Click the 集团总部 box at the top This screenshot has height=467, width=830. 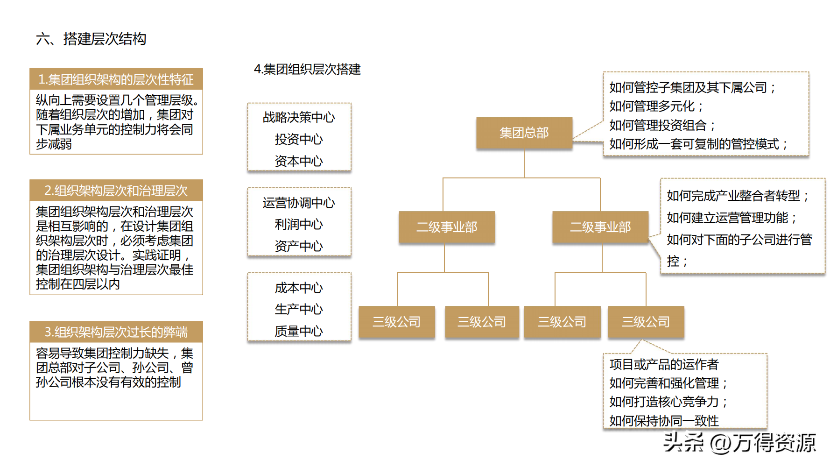pos(524,133)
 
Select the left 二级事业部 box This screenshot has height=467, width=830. pos(446,227)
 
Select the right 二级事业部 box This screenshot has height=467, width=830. pos(600,227)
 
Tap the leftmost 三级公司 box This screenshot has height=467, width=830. pos(396,322)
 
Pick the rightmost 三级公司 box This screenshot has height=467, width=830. pos(646,322)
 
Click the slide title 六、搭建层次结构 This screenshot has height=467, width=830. pos(91,39)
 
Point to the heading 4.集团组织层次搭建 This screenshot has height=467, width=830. pos(307,70)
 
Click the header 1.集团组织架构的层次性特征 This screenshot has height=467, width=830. pos(116,79)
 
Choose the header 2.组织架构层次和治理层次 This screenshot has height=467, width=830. pos(116,191)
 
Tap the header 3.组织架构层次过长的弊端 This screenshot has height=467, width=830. pos(116,332)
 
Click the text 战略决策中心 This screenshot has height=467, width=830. pos(299,117)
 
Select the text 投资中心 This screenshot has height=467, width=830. pos(299,139)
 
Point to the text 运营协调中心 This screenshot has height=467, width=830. pos(299,203)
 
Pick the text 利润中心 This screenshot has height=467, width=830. pos(299,224)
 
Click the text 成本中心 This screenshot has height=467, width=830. pos(299,288)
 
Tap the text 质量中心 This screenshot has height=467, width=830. pos(299,331)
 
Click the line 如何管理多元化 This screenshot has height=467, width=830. pos(655,106)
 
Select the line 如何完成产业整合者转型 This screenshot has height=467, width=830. pos(737,196)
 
